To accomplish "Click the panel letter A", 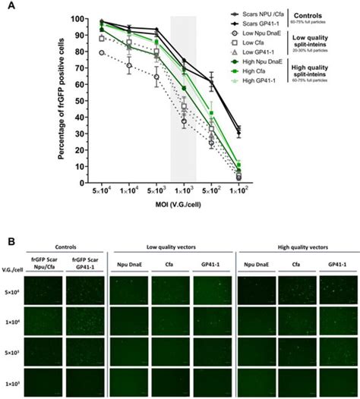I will (55, 7).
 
